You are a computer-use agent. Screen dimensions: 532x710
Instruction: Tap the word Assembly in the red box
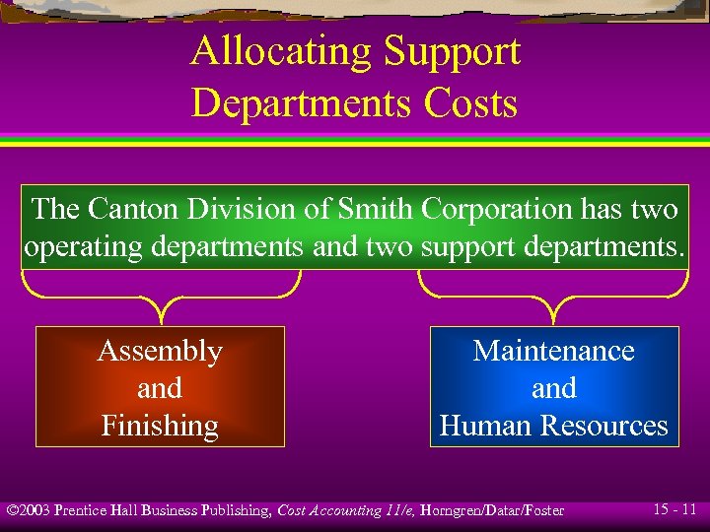coord(160,351)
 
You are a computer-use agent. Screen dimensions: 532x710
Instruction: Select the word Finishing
coord(160,426)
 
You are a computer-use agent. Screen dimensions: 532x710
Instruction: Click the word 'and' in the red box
coord(160,388)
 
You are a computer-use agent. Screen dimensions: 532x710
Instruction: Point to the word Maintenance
coord(554,351)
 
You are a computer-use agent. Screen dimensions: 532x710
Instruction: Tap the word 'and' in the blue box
coord(554,388)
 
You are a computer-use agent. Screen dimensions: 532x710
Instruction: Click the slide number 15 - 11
coord(674,509)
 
